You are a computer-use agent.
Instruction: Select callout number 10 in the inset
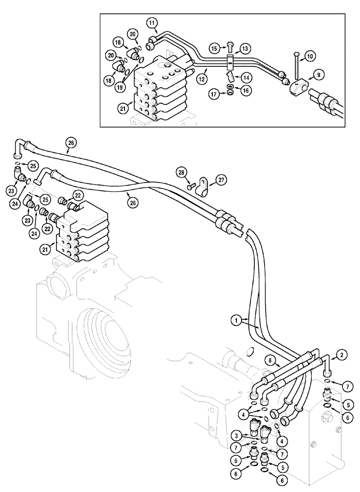click(310, 57)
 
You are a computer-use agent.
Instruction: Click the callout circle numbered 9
click(319, 75)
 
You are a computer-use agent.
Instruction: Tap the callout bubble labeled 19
click(120, 87)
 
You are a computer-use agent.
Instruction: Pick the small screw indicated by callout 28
click(190, 187)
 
